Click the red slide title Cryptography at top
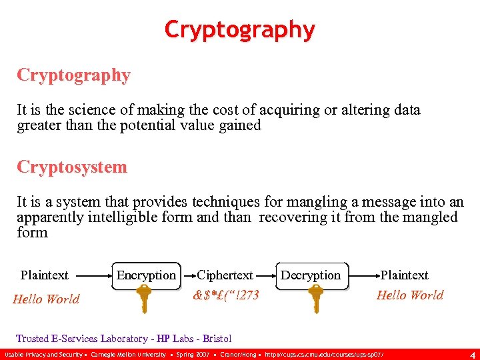pos(239,29)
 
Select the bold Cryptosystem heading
pos(72,167)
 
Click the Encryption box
pos(146,275)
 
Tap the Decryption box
pos(311,275)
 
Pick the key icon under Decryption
pos(315,298)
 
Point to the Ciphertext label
pos(225,275)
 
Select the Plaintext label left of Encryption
pos(45,275)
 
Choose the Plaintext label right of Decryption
pos(404,275)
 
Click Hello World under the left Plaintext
pos(46,299)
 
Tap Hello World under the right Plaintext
pos(409,295)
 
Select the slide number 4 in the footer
pos(471,354)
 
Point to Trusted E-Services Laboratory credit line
pos(124,339)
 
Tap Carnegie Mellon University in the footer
pos(128,354)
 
